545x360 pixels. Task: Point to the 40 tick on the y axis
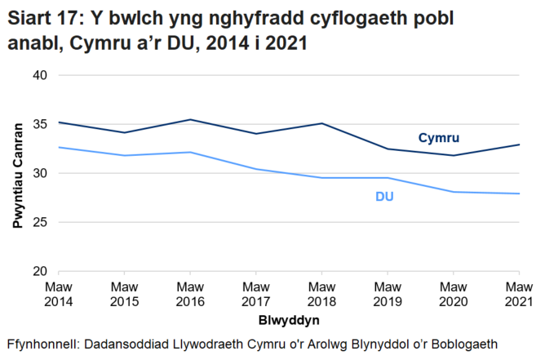tap(40, 75)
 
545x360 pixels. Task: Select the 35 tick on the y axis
tap(40, 124)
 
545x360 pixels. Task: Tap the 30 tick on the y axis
tap(40, 173)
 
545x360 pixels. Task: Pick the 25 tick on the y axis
tap(40, 222)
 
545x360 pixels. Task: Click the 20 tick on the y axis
tap(40, 271)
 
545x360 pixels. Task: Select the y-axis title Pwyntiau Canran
tap(17, 173)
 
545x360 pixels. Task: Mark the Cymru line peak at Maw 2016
tap(190, 120)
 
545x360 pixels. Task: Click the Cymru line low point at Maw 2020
tap(453, 155)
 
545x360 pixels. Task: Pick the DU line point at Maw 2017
tap(256, 169)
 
